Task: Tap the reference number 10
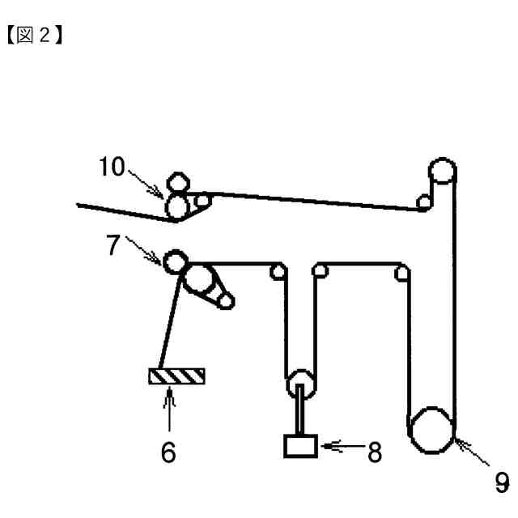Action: [113, 168]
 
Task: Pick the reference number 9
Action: [502, 483]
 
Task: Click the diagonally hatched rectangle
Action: [176, 376]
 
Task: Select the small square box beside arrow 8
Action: [300, 445]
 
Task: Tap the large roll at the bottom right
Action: [430, 431]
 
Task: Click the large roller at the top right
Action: [442, 172]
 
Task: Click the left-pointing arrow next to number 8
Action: [340, 446]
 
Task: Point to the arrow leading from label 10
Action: [150, 183]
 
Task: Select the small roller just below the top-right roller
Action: [422, 202]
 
